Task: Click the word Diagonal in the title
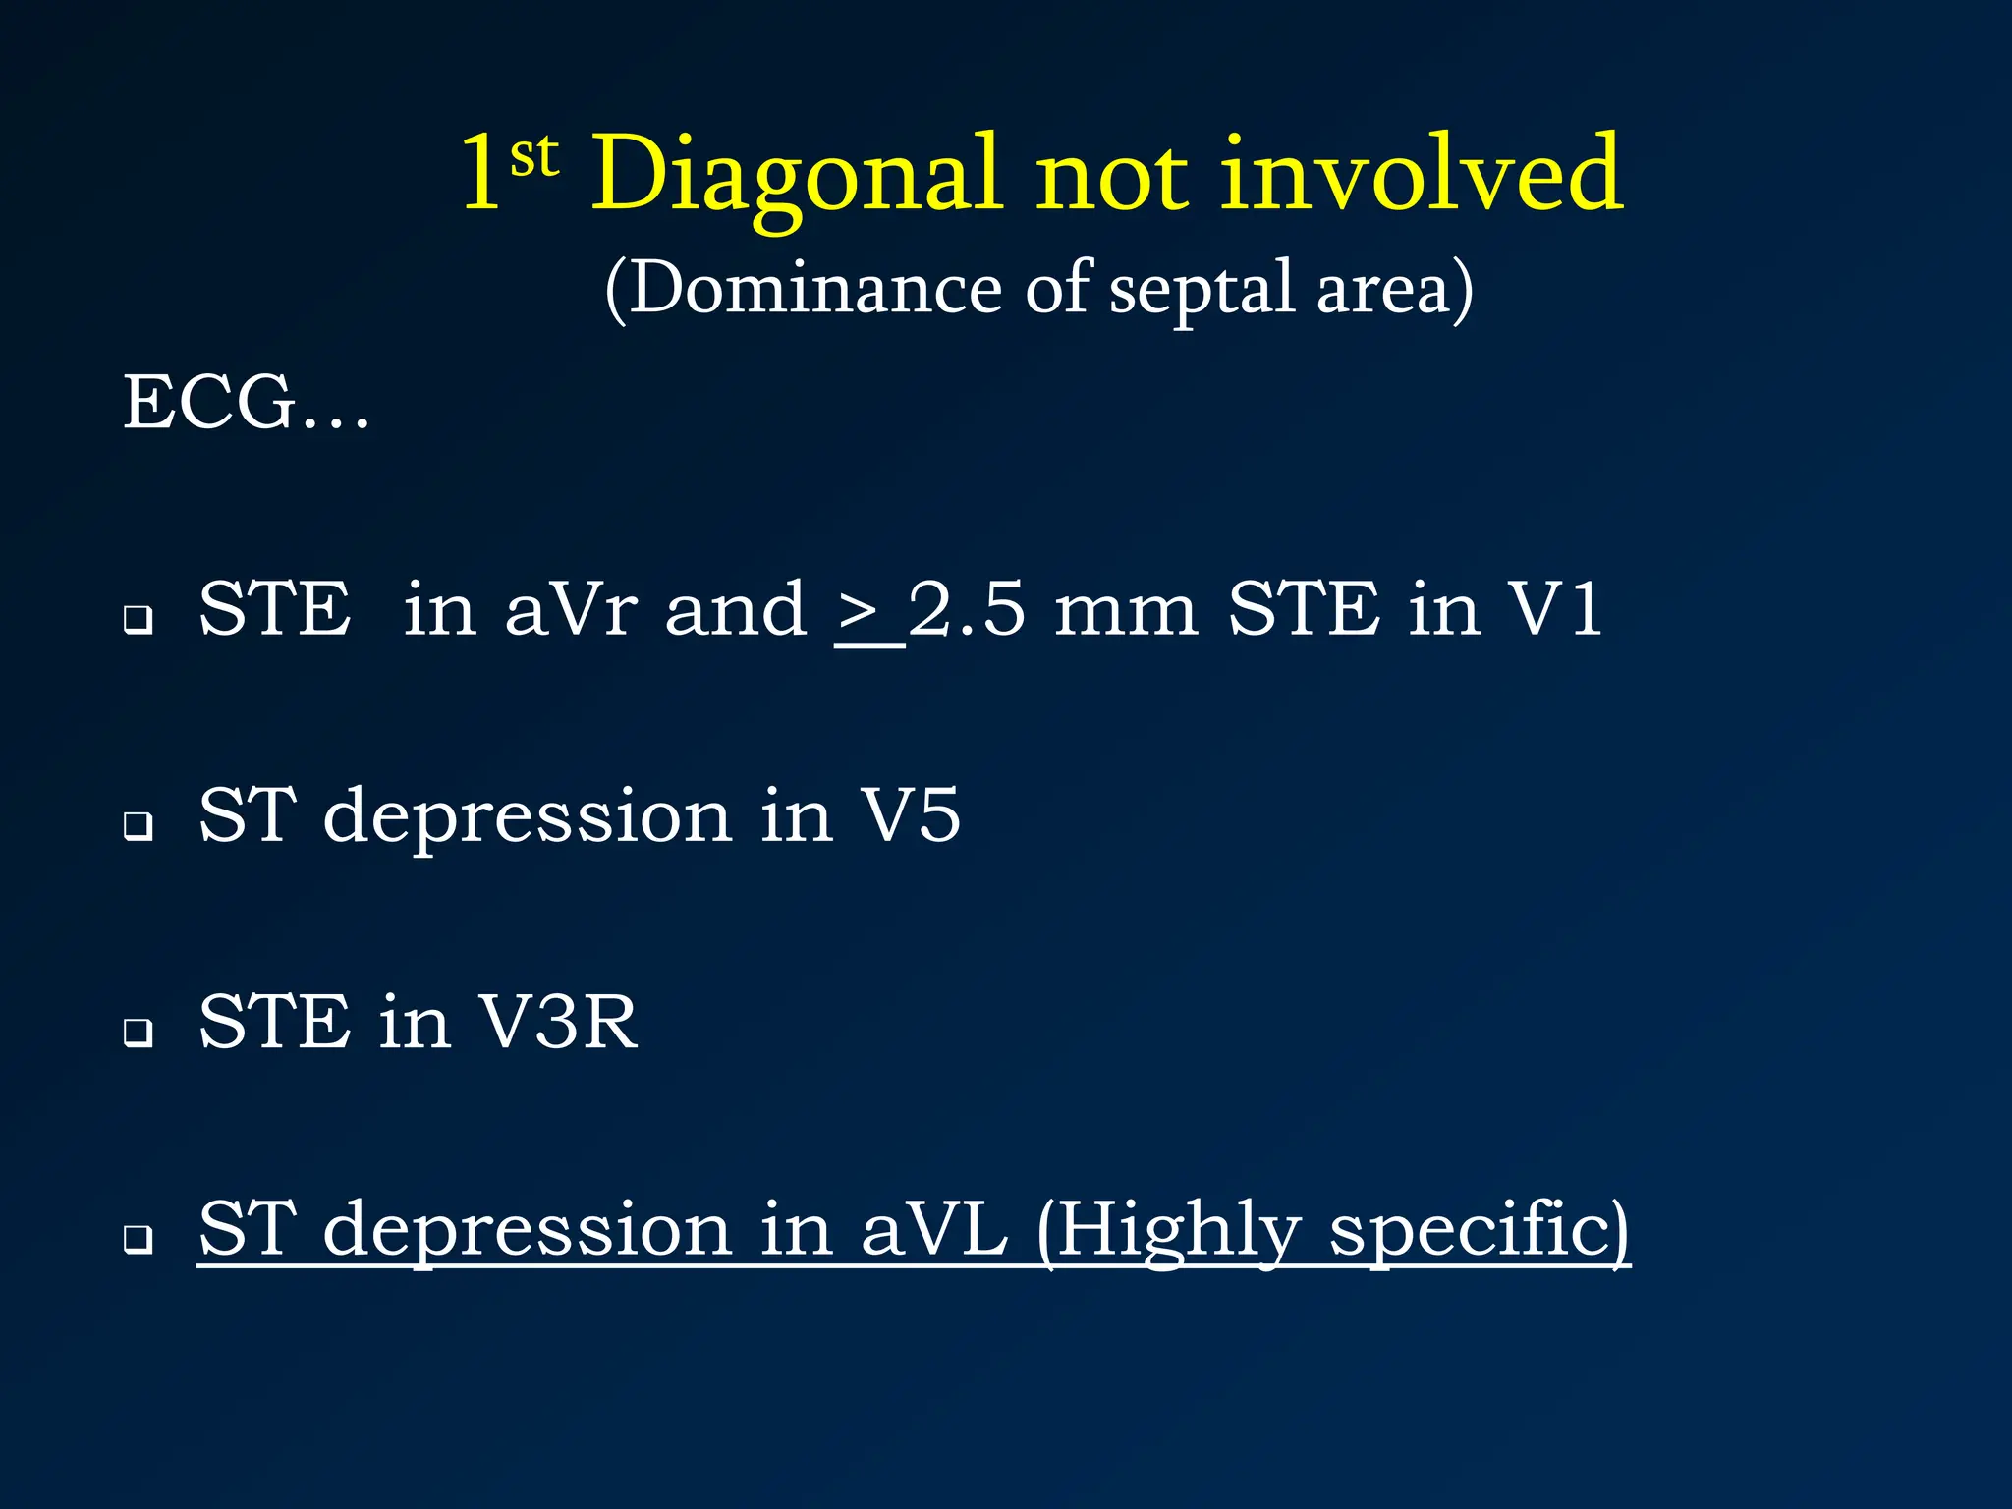[x=796, y=177]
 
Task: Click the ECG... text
[x=246, y=403]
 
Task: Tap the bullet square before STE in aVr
[x=139, y=620]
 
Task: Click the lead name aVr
[x=571, y=610]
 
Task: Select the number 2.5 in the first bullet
[x=967, y=610]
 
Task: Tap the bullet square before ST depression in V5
[x=139, y=826]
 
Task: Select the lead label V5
[x=910, y=816]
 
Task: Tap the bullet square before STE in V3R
[x=139, y=1033]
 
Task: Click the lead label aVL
[x=933, y=1229]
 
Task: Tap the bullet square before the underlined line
[x=139, y=1239]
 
